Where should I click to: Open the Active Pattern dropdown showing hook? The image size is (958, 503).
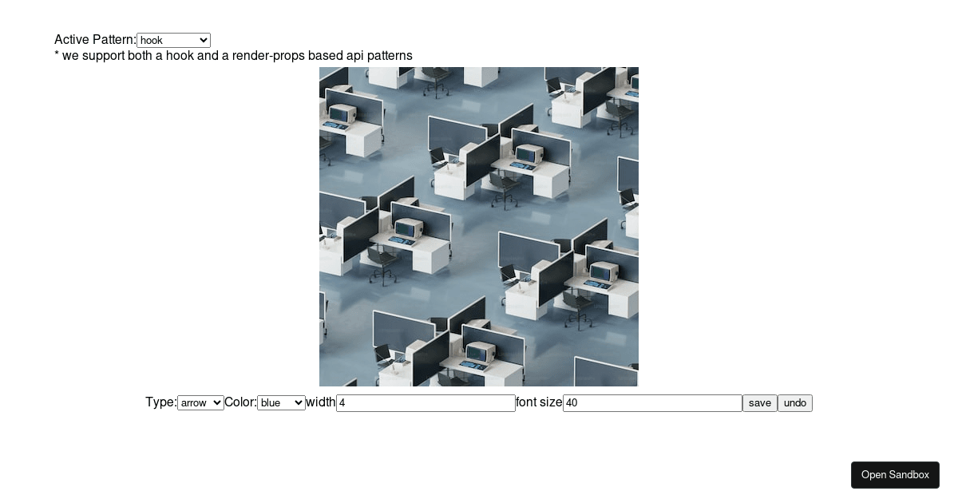pos(172,40)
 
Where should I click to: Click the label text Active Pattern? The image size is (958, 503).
pos(95,40)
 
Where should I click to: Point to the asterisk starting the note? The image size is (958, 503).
pos(57,55)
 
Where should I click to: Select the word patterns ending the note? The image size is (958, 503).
pos(389,56)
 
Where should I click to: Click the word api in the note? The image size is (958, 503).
pos(355,56)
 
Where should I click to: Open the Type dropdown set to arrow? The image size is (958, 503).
pos(200,403)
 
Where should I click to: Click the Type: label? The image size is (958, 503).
pos(160,402)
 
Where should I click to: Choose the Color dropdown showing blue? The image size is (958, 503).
pos(280,403)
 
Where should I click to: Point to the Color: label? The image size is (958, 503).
pos(240,402)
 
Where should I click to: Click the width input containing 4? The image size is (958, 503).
pos(426,403)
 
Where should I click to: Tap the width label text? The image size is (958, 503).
pos(321,402)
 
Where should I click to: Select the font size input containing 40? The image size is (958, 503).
pos(652,403)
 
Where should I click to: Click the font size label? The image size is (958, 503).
pos(539,402)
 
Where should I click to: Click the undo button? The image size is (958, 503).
pos(794,403)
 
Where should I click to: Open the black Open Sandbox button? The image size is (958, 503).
pos(895,475)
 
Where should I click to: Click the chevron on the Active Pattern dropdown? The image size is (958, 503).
pos(203,40)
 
